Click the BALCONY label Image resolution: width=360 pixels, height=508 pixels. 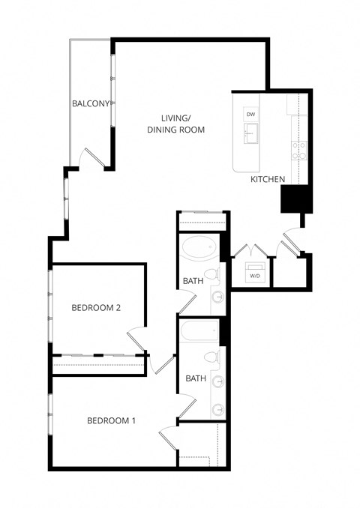click(91, 103)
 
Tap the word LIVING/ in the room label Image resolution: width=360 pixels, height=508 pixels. click(176, 118)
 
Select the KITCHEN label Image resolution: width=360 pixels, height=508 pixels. click(268, 179)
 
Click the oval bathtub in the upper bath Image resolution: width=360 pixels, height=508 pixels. click(199, 247)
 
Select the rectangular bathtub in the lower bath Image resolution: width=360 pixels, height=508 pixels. click(199, 330)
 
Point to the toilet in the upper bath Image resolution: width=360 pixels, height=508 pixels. click(213, 276)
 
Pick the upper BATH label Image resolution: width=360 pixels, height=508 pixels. click(193, 281)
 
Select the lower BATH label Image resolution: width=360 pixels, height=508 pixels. click(196, 378)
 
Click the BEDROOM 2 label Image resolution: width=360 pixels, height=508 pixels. click(96, 307)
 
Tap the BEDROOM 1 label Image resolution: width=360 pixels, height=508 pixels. click(111, 420)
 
